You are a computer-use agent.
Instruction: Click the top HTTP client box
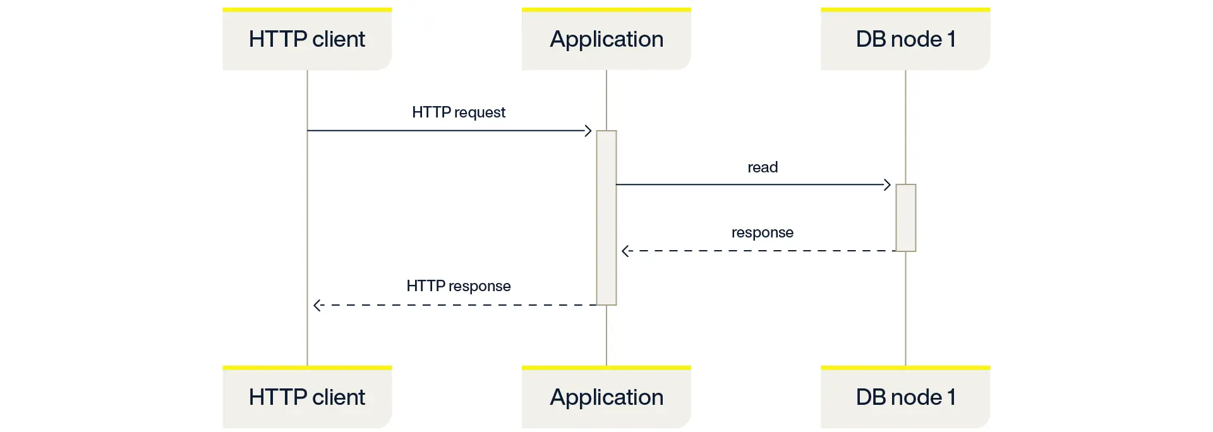click(307, 39)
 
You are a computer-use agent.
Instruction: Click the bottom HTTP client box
click(307, 397)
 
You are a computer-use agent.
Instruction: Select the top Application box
click(606, 39)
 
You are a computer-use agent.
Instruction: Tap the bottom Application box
click(606, 397)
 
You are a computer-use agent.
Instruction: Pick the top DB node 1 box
click(905, 39)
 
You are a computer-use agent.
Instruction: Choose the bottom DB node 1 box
click(905, 397)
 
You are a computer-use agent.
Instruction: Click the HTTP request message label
click(459, 112)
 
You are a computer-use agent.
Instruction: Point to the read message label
click(763, 167)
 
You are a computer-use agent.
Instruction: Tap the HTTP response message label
click(459, 286)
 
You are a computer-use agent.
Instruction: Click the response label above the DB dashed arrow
click(763, 232)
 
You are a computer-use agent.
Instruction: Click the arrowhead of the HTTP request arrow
click(588, 131)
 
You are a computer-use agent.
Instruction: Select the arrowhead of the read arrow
click(887, 184)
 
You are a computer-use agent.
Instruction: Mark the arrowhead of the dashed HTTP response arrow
click(317, 305)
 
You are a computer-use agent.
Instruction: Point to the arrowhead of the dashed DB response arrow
click(625, 251)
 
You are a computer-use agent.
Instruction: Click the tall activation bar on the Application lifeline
click(606, 218)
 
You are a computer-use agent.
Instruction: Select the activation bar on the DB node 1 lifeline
click(905, 218)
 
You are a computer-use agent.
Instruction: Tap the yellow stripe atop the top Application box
click(606, 9)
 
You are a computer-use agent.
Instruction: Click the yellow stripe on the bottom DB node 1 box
click(905, 368)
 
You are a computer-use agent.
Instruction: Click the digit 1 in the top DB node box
click(951, 39)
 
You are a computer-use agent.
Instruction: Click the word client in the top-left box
click(339, 39)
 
